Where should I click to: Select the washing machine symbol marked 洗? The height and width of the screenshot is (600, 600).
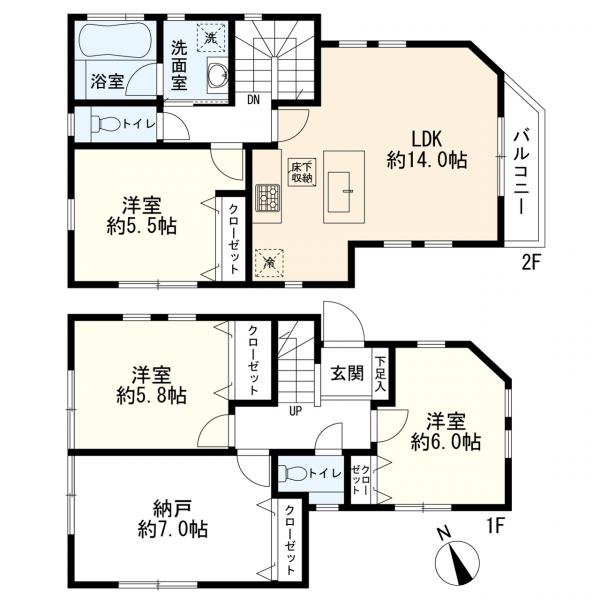pyautogui.click(x=210, y=38)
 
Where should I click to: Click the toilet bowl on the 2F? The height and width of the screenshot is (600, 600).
pyautogui.click(x=106, y=124)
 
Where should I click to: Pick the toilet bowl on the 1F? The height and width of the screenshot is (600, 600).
pyautogui.click(x=292, y=473)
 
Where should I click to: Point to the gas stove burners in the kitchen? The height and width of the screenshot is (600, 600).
pyautogui.click(x=267, y=198)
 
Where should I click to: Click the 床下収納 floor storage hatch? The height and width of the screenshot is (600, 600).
pyautogui.click(x=302, y=172)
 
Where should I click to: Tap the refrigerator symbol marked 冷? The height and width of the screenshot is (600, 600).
pyautogui.click(x=270, y=262)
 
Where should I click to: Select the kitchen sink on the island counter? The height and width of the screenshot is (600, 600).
pyautogui.click(x=339, y=191)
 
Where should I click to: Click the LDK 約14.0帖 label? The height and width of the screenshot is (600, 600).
pyautogui.click(x=427, y=150)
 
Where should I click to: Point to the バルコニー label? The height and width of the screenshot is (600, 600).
pyautogui.click(x=522, y=172)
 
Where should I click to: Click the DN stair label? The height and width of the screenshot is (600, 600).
pyautogui.click(x=253, y=100)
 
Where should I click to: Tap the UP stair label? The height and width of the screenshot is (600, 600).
pyautogui.click(x=295, y=412)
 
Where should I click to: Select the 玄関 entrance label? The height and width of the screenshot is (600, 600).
pyautogui.click(x=347, y=373)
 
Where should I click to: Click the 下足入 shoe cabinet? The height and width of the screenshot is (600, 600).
pyautogui.click(x=380, y=374)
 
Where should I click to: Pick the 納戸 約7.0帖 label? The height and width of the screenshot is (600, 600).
pyautogui.click(x=173, y=520)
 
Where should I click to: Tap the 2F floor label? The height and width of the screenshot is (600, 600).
pyautogui.click(x=530, y=263)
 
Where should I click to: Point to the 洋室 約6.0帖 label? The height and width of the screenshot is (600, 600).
pyautogui.click(x=446, y=432)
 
